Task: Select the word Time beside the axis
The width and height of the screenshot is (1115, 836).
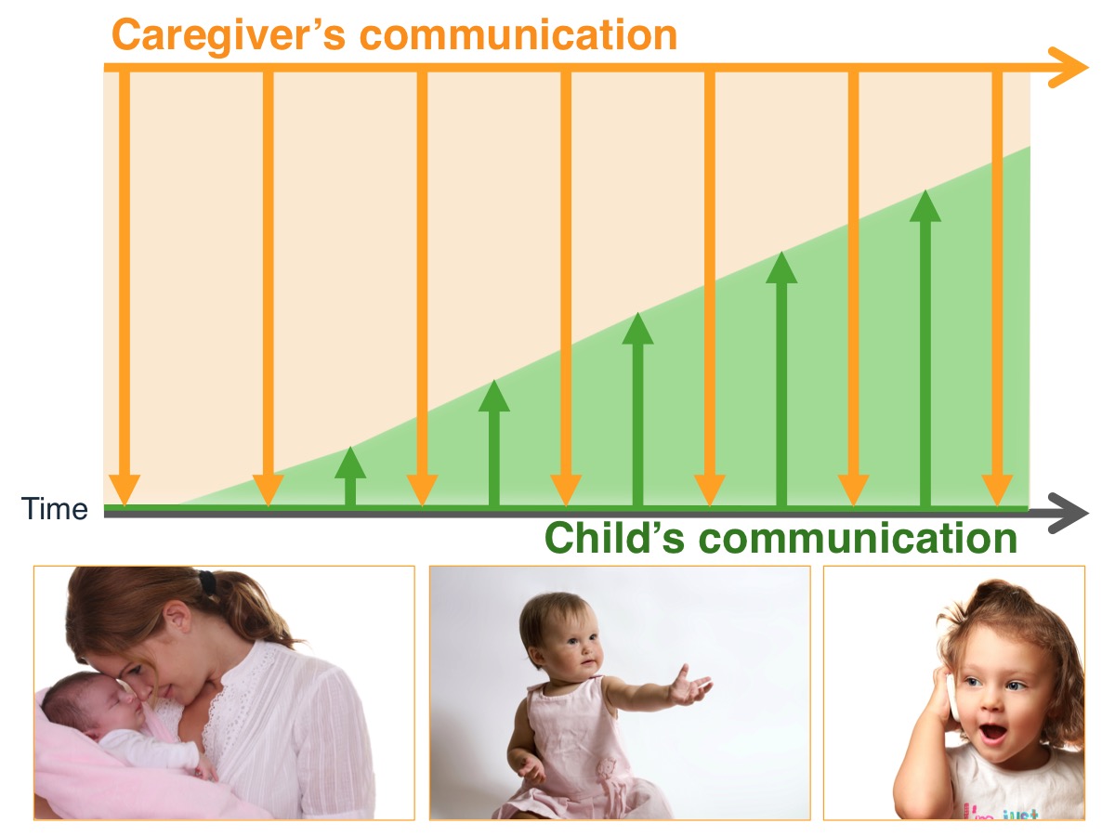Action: click(56, 509)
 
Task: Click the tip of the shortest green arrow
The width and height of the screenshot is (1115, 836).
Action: click(350, 451)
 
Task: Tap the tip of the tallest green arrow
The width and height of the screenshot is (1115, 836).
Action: click(925, 194)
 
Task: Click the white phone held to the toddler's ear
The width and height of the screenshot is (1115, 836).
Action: click(951, 697)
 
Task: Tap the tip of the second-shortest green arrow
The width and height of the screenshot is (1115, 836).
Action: click(494, 384)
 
